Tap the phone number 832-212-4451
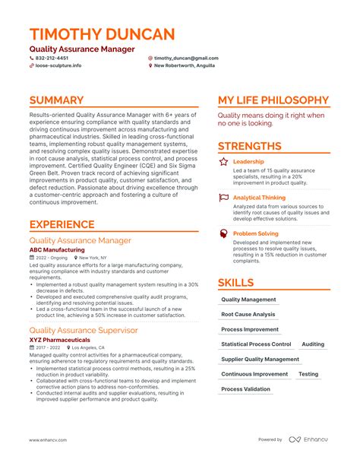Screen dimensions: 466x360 click(52, 58)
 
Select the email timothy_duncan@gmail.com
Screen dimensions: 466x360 click(186, 58)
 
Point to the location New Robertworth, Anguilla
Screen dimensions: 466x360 click(185, 65)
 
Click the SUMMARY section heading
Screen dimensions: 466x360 click(57, 100)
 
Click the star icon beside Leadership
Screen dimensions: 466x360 click(223, 162)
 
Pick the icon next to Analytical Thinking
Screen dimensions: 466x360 click(223, 198)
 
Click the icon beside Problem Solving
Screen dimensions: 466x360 click(223, 233)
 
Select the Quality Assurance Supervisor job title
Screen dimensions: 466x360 click(83, 330)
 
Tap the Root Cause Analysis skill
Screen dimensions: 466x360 click(248, 314)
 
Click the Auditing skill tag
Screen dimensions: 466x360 click(312, 344)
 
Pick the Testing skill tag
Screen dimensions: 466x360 click(308, 374)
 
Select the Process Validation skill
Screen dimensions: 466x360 click(245, 389)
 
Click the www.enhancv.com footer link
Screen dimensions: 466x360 click(48, 439)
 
